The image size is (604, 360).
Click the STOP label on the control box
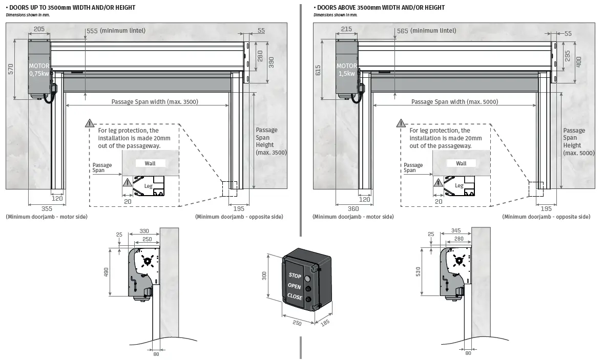click(x=295, y=276)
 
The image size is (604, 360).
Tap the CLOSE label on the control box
click(x=295, y=296)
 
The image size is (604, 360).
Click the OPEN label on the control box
click(x=295, y=286)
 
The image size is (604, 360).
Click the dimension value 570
click(x=11, y=69)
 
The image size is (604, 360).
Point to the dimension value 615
click(x=318, y=70)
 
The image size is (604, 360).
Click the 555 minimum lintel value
click(x=92, y=31)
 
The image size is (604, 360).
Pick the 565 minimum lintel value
click(x=403, y=31)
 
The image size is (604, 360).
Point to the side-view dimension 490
click(x=107, y=272)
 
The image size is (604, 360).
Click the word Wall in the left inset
click(x=150, y=163)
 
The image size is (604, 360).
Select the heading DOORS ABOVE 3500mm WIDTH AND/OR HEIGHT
click(x=380, y=8)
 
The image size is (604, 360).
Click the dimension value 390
click(x=271, y=62)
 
